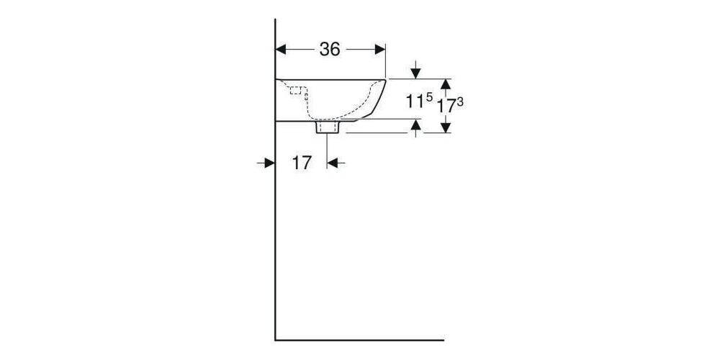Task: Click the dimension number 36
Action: click(x=330, y=49)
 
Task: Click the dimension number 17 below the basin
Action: click(x=302, y=163)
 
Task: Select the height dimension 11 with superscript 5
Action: click(x=414, y=102)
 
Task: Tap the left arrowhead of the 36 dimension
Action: click(x=282, y=49)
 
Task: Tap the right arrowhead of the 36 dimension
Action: click(x=381, y=49)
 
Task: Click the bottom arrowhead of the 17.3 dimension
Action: click(x=446, y=127)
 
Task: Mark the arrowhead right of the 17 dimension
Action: click(x=332, y=163)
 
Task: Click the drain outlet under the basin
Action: click(x=328, y=128)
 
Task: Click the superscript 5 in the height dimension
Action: click(x=429, y=97)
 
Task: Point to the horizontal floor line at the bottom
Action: click(x=360, y=339)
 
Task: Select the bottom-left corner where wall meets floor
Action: click(x=276, y=339)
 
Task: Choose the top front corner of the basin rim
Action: click(x=387, y=78)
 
